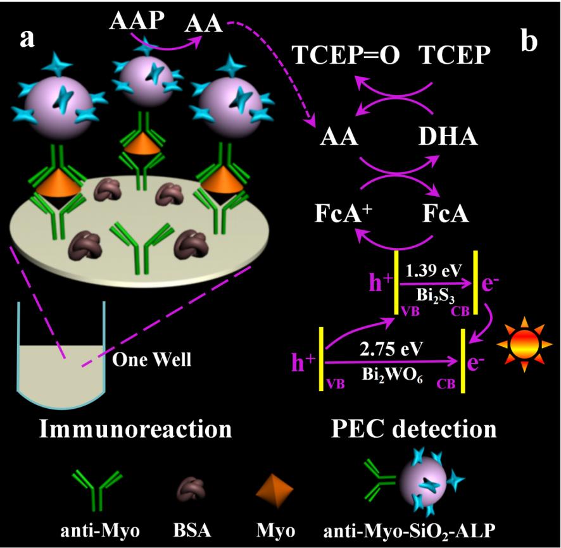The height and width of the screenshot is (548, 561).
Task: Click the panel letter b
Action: pos(529,40)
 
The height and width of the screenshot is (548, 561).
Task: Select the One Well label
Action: pos(151,360)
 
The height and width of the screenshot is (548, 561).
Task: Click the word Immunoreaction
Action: pos(135,428)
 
